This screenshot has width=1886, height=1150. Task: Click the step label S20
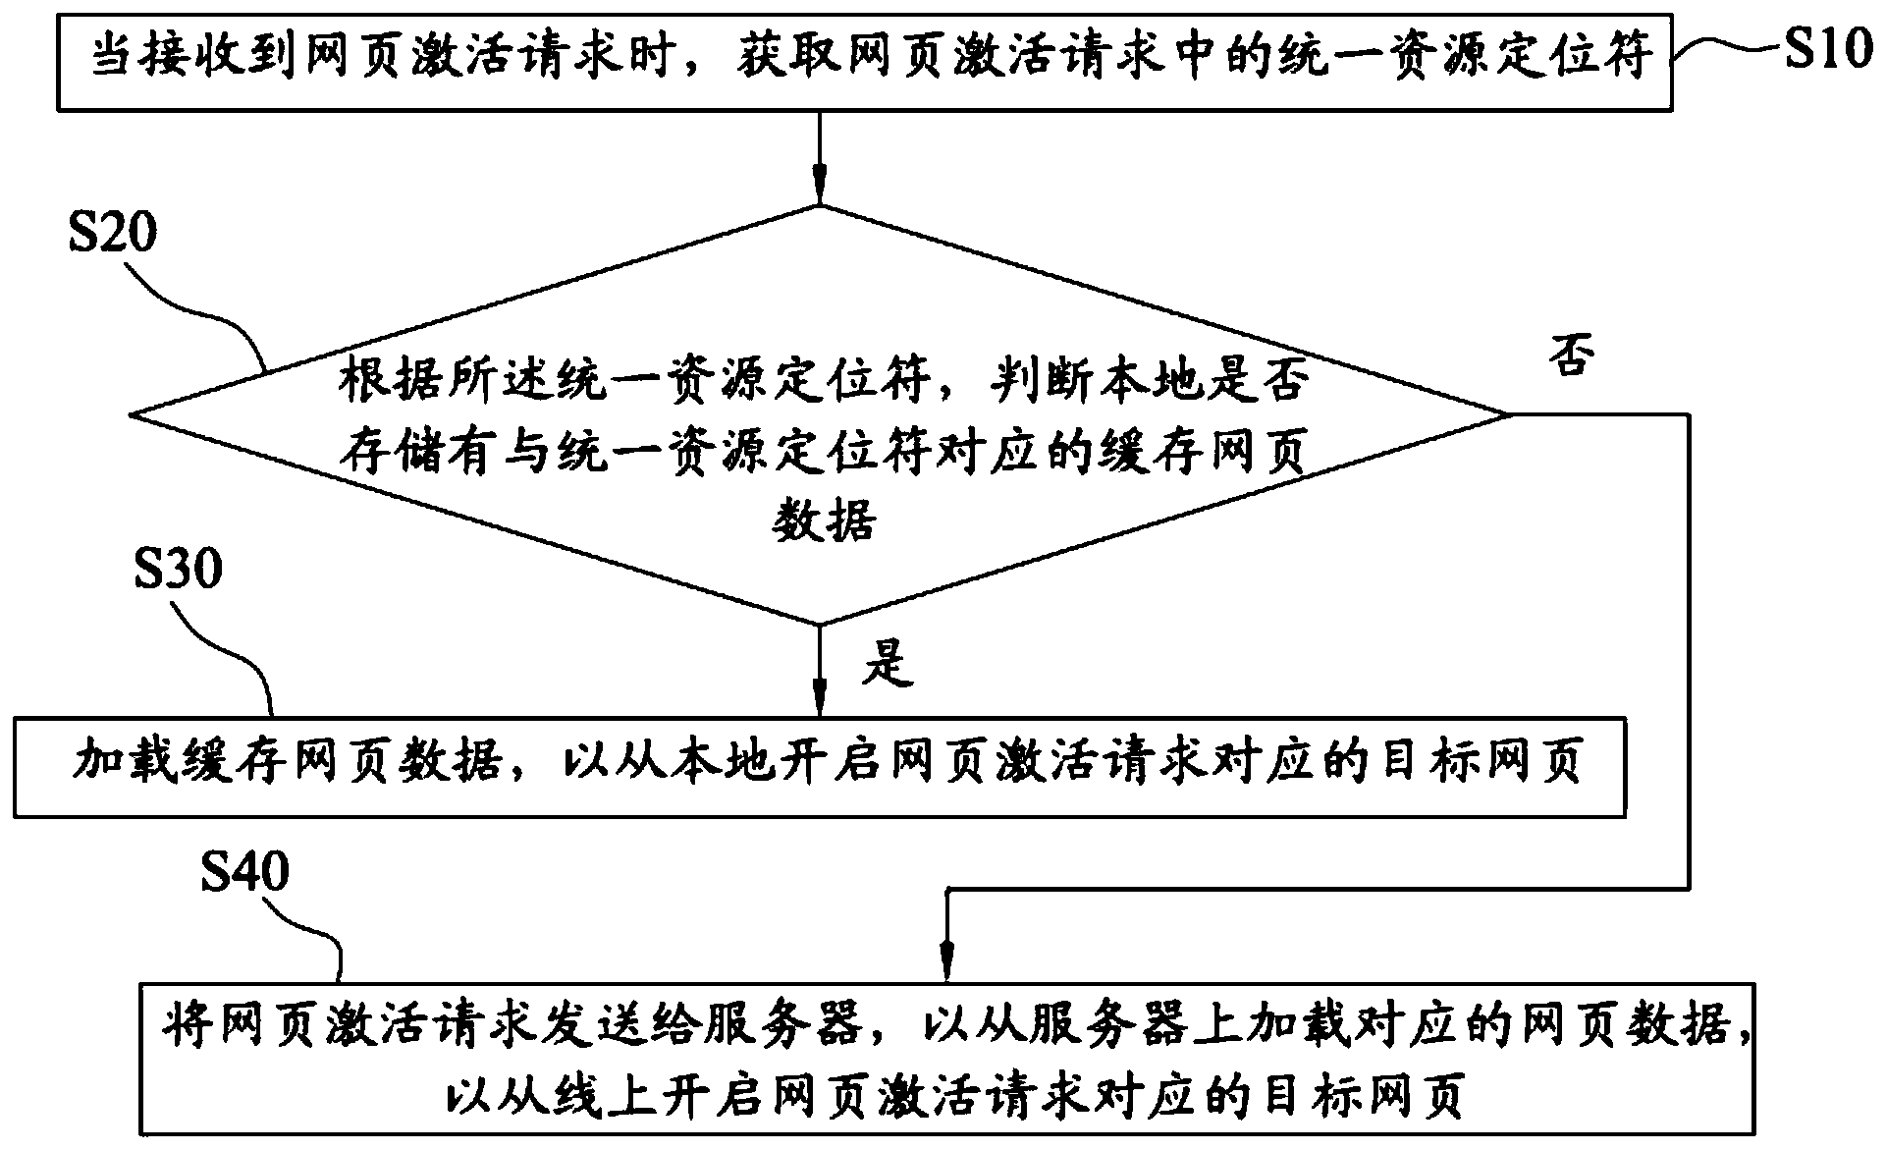(x=113, y=235)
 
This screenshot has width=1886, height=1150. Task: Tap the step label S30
(x=178, y=569)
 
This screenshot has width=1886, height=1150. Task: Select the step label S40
(x=244, y=871)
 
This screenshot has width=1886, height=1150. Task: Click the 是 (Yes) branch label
(x=888, y=664)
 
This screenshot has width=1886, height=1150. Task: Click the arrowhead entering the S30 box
(x=820, y=700)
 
